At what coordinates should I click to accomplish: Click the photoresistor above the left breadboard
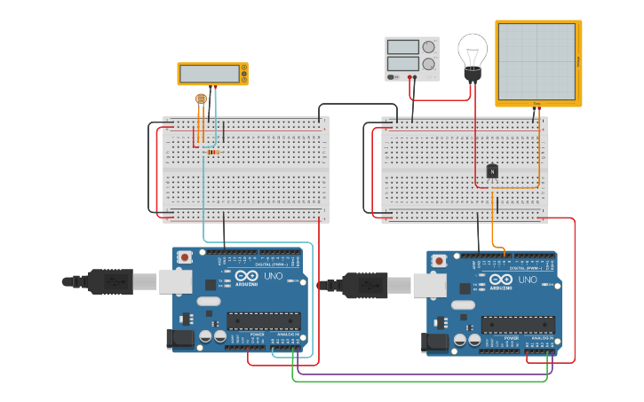tap(201, 99)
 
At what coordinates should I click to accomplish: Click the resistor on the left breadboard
tap(212, 152)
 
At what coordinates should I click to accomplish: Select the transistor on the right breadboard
tap(492, 170)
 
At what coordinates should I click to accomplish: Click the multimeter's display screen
tap(211, 75)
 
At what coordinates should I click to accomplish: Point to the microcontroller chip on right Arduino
tap(518, 325)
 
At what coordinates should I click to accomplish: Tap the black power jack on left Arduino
tap(181, 338)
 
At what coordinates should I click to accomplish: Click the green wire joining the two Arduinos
tap(417, 382)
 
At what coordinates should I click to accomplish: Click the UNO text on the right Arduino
tap(528, 280)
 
